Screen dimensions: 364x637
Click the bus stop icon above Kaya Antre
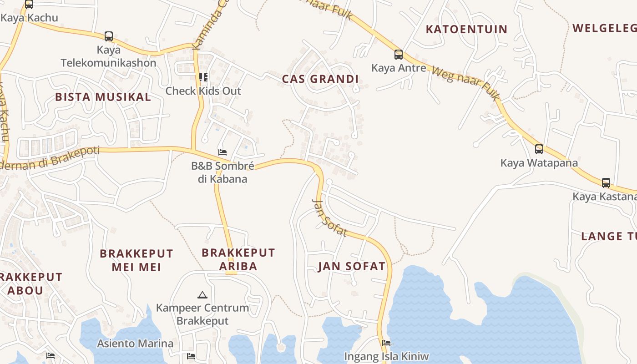(x=399, y=55)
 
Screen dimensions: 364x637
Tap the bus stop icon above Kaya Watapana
(x=539, y=149)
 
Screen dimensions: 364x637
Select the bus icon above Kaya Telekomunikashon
(x=109, y=36)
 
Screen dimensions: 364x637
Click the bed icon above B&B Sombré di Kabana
(x=222, y=152)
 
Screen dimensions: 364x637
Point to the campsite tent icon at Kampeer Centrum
(x=202, y=294)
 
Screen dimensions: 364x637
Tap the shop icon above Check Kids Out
(x=203, y=77)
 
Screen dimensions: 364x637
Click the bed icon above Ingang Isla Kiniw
(x=386, y=343)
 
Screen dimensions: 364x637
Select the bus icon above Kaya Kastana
(x=606, y=183)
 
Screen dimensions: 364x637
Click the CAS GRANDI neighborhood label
(x=320, y=79)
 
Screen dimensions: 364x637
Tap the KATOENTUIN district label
(x=466, y=30)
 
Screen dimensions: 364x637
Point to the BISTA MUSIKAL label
(x=103, y=97)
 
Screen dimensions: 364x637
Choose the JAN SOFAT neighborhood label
(x=352, y=266)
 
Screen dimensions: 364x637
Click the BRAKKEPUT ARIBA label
(x=238, y=259)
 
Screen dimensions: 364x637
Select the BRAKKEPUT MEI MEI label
(x=136, y=260)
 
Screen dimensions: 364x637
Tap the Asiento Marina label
(x=135, y=344)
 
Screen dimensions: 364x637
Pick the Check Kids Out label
(x=203, y=91)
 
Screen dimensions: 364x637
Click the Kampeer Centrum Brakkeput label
(x=202, y=314)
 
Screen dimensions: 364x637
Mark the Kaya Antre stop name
(x=399, y=68)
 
